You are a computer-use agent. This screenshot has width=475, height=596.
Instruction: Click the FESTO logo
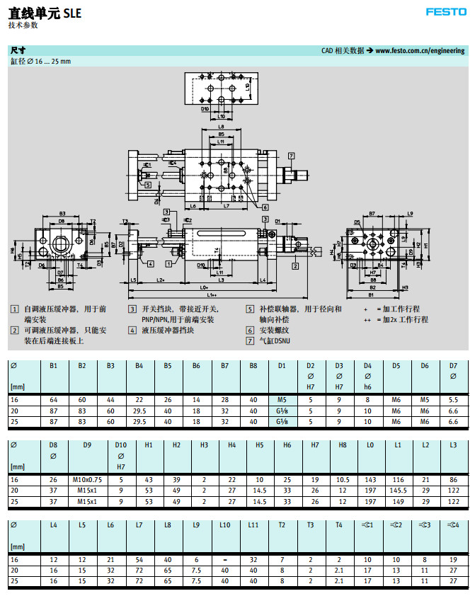click(445, 11)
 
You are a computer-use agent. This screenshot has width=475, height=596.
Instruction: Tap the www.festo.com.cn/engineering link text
click(420, 51)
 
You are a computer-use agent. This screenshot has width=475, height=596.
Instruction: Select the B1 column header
click(54, 366)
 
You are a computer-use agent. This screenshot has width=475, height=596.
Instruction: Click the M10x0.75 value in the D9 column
click(87, 479)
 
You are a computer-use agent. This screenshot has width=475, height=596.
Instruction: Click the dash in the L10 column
click(224, 558)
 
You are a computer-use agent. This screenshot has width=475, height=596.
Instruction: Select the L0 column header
click(370, 445)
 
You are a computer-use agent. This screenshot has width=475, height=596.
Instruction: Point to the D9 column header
click(87, 445)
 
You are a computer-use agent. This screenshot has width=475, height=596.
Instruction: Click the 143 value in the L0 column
click(370, 479)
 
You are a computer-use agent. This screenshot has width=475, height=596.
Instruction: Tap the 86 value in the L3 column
click(454, 479)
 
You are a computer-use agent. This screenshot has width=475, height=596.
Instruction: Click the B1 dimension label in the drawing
click(372, 294)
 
